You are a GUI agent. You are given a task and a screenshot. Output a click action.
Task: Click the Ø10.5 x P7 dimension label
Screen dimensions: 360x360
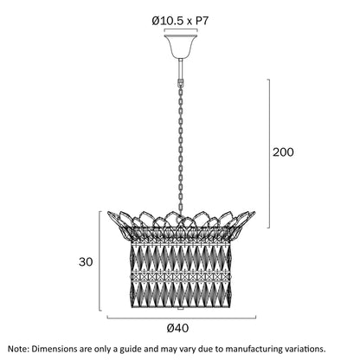click(180, 21)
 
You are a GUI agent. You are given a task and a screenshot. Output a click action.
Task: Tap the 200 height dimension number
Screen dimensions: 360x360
click(283, 152)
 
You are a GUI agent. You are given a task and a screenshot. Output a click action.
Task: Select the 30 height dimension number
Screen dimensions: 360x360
click(86, 262)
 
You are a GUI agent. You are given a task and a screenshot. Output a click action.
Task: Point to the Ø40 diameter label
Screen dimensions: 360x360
click(178, 328)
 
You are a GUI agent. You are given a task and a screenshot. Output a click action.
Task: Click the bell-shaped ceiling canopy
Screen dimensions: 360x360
click(181, 46)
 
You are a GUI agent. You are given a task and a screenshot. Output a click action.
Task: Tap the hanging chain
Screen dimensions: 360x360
click(181, 147)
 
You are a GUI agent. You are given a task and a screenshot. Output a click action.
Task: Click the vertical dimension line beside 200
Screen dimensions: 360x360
click(269, 153)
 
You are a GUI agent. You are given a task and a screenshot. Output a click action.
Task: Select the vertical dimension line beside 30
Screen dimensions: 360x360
click(100, 261)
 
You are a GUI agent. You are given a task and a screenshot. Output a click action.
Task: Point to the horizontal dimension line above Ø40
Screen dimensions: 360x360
click(182, 318)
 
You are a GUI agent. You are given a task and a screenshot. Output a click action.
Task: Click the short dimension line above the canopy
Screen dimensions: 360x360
click(181, 29)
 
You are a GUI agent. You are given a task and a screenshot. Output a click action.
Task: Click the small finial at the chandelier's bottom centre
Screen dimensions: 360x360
click(180, 308)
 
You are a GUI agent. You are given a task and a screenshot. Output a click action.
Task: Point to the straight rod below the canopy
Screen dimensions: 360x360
click(181, 68)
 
